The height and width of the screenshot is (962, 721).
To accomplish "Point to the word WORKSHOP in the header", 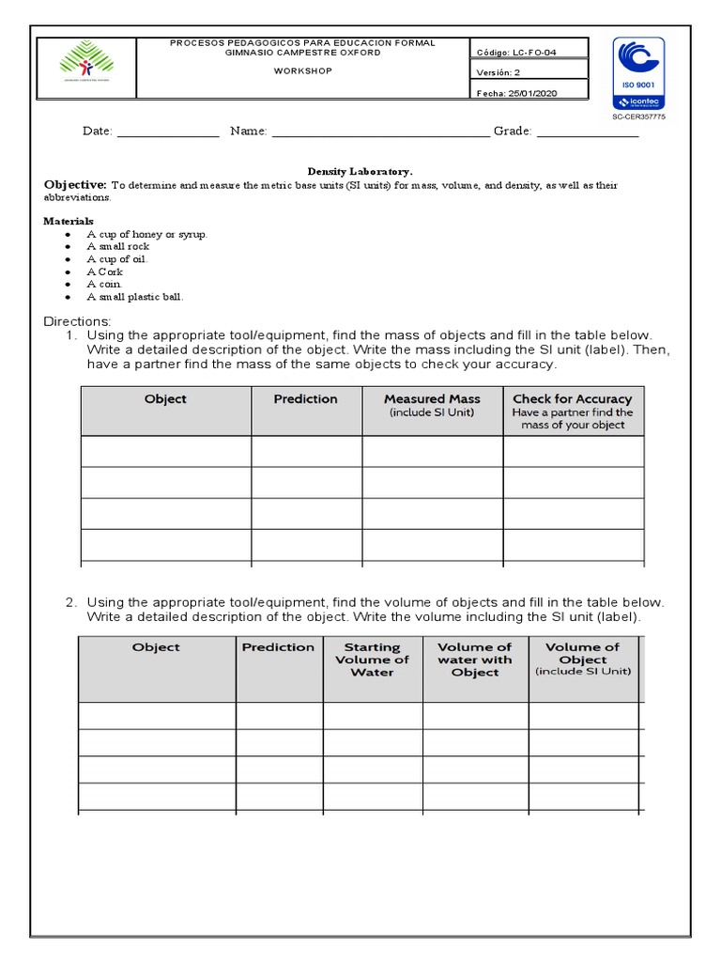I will point(301,70).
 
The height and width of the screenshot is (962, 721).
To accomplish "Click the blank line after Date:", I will point(167,132).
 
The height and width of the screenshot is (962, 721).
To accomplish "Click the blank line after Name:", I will point(379,132).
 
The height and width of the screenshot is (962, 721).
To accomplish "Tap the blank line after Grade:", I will point(587,132).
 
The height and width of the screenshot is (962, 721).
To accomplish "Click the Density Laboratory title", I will point(360,172).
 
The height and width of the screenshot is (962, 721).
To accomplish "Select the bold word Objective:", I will point(76,185).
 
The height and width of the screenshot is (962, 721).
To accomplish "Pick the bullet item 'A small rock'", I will point(118,246).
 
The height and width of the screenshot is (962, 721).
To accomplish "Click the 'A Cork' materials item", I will point(104,272).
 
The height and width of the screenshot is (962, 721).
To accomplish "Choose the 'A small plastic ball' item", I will point(135,297).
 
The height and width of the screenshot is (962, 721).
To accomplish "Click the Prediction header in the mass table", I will point(305,399).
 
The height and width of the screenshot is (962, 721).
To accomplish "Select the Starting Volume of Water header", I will point(372,659).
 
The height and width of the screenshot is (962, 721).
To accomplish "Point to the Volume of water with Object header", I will point(474,659).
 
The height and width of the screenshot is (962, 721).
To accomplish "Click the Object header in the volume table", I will point(156,647).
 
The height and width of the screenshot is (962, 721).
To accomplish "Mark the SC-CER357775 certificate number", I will point(638,116).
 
